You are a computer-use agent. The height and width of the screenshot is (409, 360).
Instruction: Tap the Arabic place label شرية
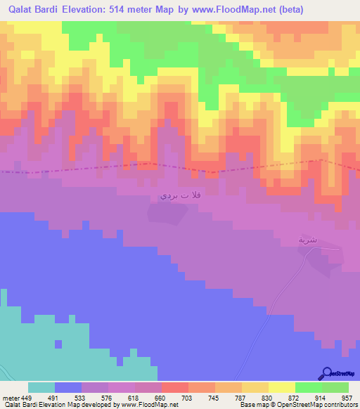click(308, 240)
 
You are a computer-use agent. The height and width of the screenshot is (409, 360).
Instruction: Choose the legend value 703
click(188, 397)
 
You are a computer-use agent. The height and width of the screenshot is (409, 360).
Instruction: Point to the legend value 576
click(108, 397)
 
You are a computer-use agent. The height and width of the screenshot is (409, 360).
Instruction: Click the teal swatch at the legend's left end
click(41, 387)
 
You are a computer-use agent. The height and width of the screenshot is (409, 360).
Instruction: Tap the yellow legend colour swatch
click(281, 387)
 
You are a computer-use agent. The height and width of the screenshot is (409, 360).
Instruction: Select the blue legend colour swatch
click(68, 387)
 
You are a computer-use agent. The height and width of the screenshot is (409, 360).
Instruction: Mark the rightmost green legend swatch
click(335, 387)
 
